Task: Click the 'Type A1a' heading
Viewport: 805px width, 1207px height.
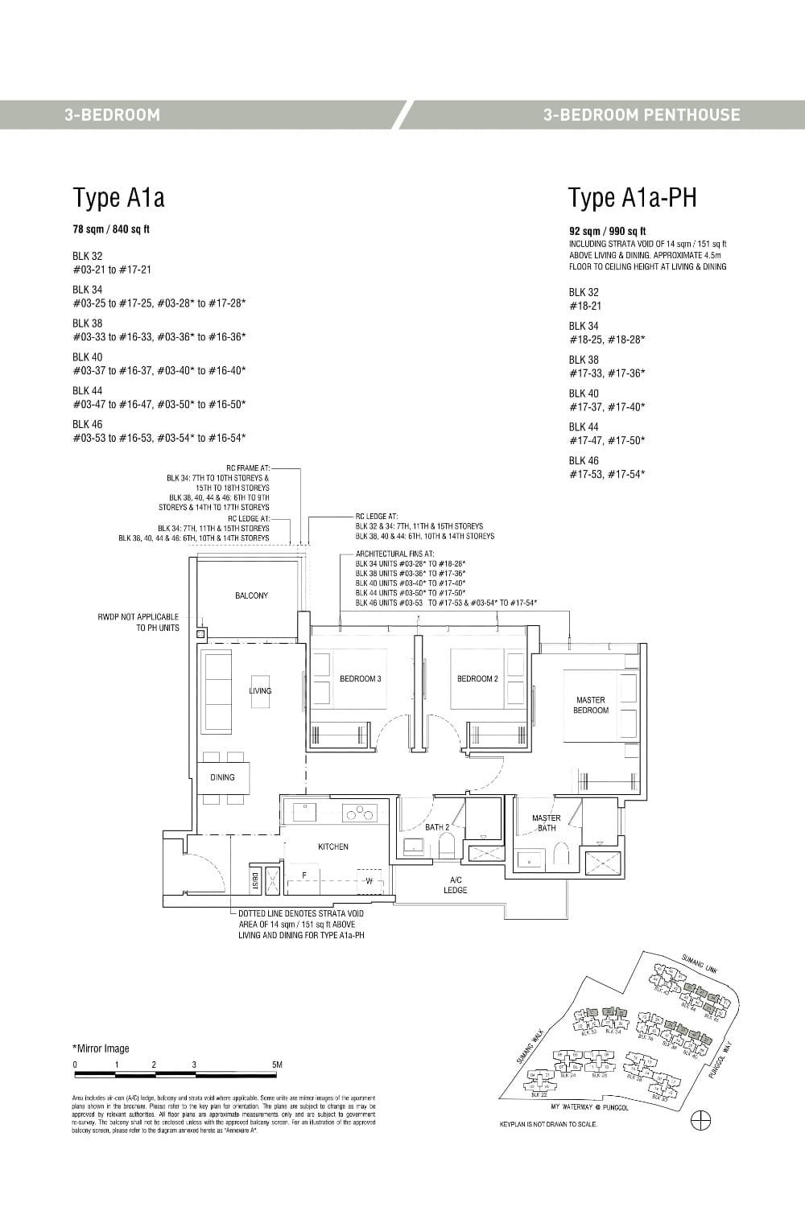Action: [x=118, y=197]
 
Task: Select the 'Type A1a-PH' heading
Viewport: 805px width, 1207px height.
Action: [x=632, y=197]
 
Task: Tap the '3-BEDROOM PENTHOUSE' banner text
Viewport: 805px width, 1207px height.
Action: [x=641, y=114]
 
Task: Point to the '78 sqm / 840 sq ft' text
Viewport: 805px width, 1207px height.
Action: [x=111, y=229]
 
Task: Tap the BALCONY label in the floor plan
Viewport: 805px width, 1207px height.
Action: [x=251, y=595]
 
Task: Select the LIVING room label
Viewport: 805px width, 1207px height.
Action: [x=260, y=690]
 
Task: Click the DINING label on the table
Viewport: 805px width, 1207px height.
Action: [x=222, y=777]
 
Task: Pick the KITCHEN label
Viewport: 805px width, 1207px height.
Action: [x=333, y=847]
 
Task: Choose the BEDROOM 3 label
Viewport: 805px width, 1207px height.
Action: [x=360, y=679]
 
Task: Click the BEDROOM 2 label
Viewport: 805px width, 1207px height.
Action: [x=477, y=679]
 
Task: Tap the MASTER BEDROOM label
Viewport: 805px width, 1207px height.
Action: [x=590, y=706]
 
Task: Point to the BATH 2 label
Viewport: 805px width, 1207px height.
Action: [x=437, y=827]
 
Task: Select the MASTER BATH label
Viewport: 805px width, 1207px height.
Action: [x=547, y=823]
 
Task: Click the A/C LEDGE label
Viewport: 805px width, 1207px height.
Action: [x=455, y=885]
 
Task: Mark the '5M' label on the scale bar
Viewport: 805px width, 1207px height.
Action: [x=277, y=1065]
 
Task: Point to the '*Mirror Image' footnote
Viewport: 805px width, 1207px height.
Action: [x=101, y=1048]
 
